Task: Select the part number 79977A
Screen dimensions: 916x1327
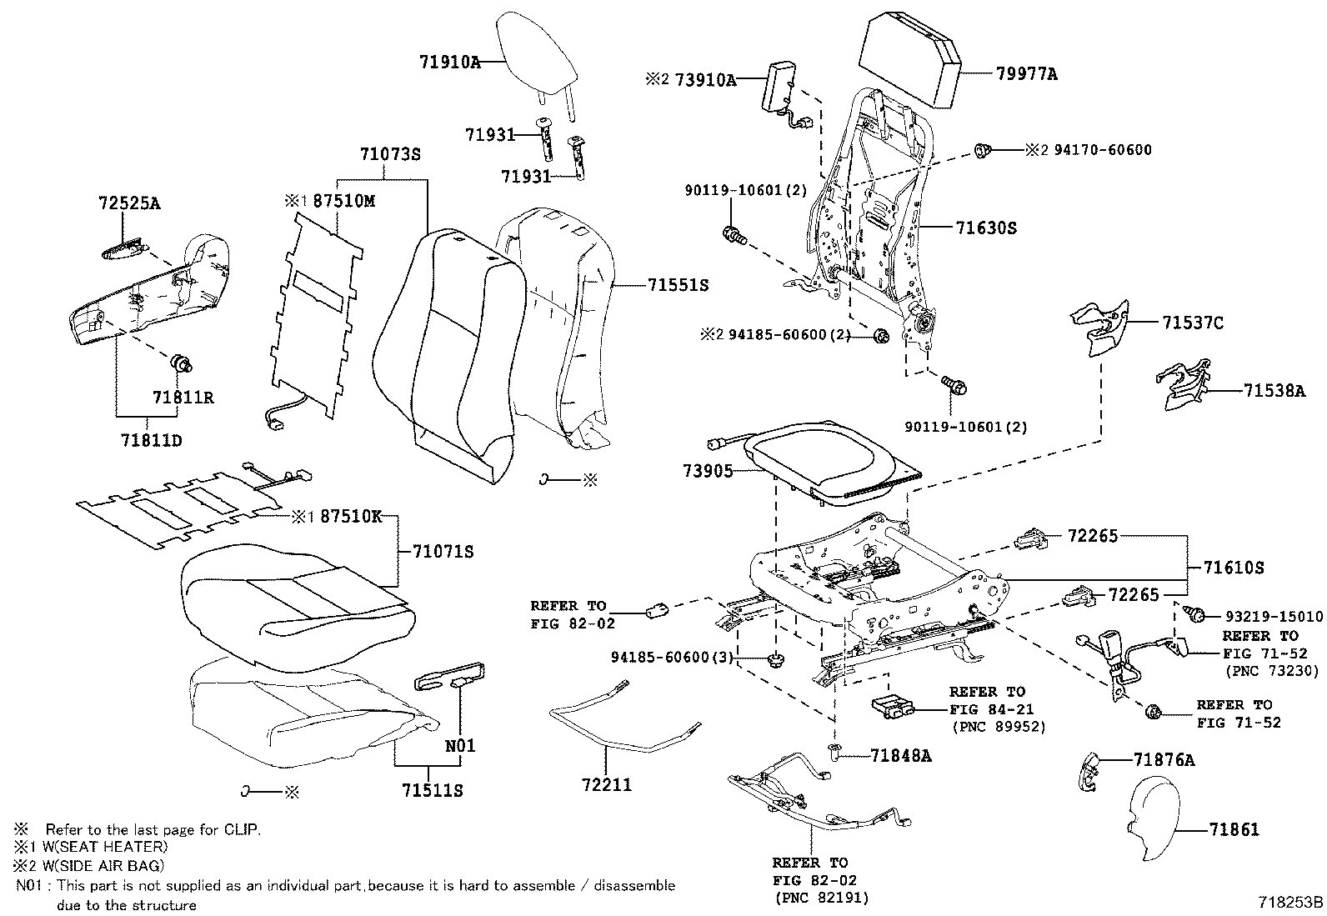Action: [1026, 74]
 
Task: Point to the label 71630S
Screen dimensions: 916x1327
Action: [986, 228]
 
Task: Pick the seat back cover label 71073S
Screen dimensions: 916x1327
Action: [390, 154]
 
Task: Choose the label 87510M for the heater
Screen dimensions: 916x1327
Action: [343, 201]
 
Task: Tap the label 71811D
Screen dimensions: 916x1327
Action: [150, 439]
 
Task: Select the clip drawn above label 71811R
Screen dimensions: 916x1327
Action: [181, 363]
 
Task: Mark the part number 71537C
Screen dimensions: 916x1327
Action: [1193, 323]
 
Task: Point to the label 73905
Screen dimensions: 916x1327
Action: [708, 471]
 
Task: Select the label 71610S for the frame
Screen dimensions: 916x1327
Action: [1234, 568]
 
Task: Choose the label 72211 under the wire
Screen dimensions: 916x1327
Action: [607, 784]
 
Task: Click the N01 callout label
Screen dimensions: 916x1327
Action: [459, 745]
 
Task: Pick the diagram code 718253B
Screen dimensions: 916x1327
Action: [1291, 902]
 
